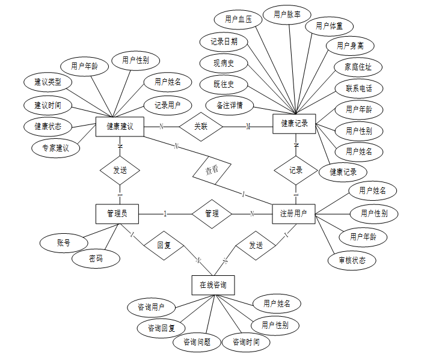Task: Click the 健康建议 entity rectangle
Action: (120, 126)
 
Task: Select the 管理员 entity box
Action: (117, 213)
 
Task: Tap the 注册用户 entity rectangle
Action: (293, 213)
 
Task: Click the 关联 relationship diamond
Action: (201, 126)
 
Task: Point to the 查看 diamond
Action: (211, 170)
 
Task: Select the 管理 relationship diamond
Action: (212, 213)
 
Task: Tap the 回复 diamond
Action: (164, 245)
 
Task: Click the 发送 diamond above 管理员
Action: (120, 170)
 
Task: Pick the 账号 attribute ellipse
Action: (63, 243)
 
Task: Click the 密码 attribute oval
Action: (96, 258)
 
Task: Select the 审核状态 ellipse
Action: (352, 260)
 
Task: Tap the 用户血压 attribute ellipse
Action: (238, 19)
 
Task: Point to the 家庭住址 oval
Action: (358, 66)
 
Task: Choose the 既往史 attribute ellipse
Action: (223, 84)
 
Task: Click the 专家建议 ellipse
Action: (55, 147)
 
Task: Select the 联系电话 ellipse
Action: (359, 88)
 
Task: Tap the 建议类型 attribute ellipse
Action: (48, 81)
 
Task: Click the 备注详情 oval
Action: (229, 105)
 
